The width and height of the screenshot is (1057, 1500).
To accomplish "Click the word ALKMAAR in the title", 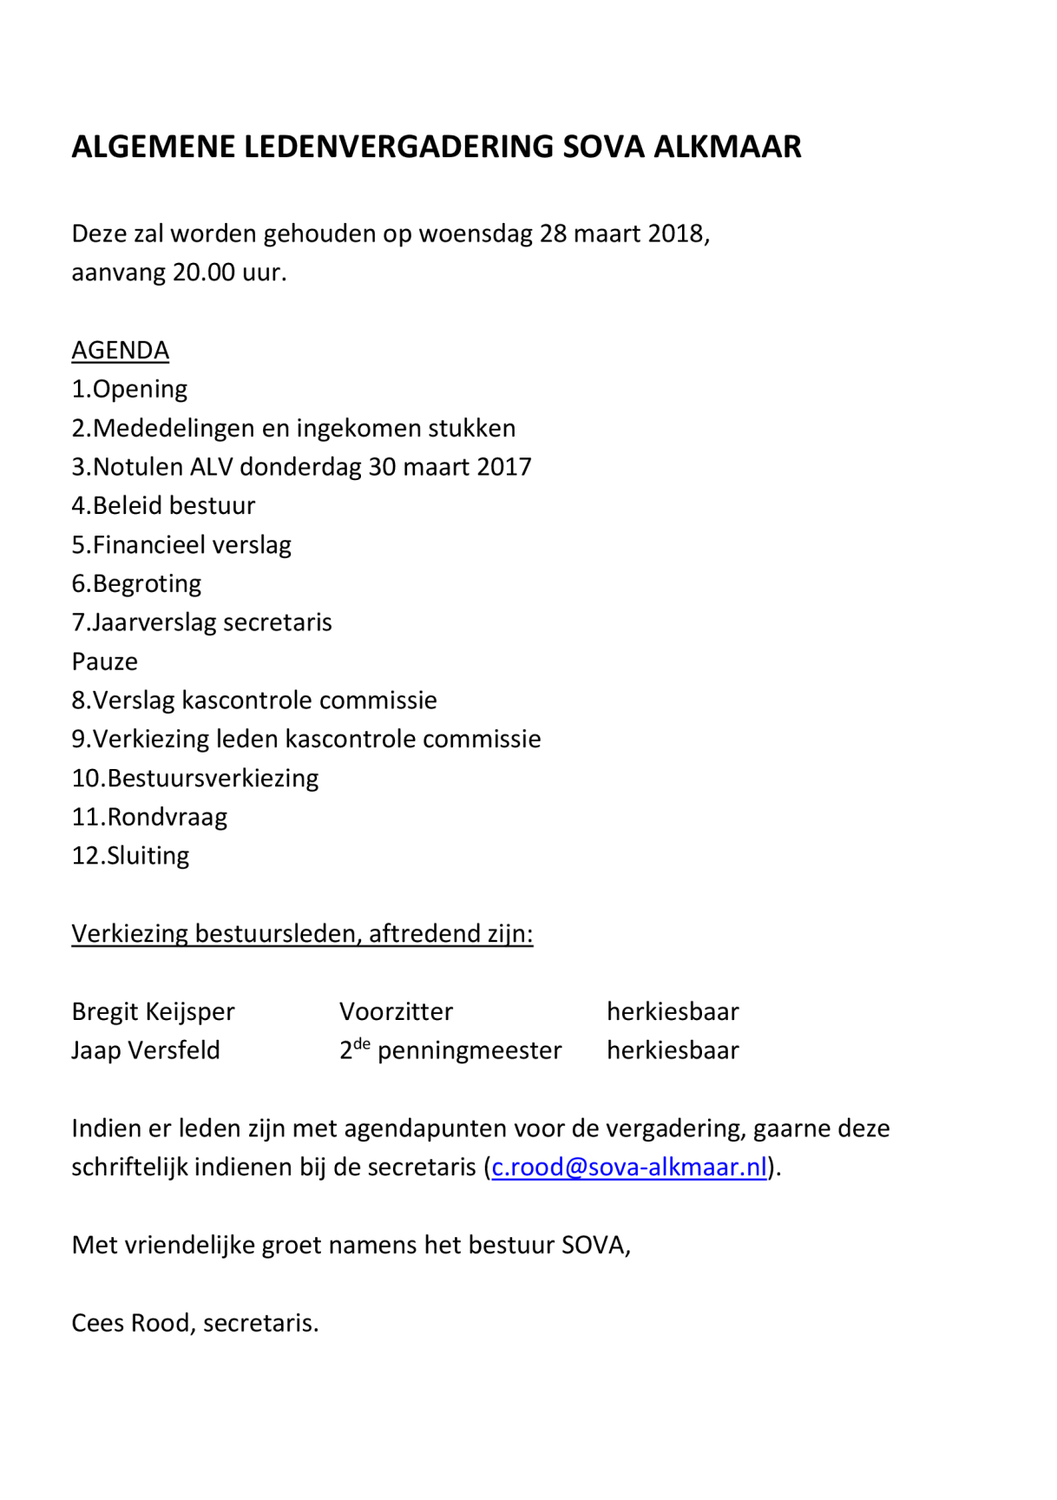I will click(727, 147).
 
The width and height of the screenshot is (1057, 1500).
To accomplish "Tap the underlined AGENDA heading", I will click(120, 350).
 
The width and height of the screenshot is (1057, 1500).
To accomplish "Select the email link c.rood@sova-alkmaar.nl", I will click(629, 1167).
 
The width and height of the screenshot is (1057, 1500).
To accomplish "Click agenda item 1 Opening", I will click(129, 389).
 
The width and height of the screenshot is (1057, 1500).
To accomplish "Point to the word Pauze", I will click(104, 661).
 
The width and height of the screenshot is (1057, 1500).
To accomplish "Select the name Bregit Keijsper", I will click(153, 1011).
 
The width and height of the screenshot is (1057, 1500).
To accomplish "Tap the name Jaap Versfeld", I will click(146, 1050).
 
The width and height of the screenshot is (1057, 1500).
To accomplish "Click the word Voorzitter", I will click(396, 1011).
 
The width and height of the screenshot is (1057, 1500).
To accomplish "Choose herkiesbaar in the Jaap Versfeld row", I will click(673, 1050).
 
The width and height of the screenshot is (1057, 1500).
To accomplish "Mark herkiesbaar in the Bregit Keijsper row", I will click(673, 1011).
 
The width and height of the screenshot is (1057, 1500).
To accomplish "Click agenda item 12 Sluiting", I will click(130, 856).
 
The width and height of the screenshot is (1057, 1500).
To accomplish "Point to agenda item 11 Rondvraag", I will click(149, 817).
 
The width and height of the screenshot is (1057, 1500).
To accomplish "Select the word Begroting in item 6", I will click(147, 583).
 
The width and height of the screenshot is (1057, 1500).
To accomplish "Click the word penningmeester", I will click(469, 1050).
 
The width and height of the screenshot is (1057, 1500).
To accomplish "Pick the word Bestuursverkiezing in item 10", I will click(213, 778).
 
